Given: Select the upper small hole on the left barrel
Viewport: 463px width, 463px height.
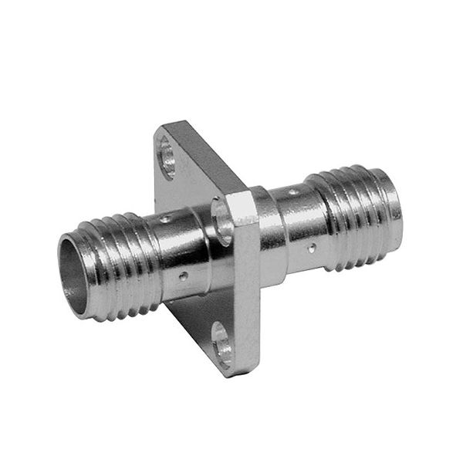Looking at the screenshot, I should tap(164, 221).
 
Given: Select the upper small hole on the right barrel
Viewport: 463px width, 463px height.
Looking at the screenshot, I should tap(293, 191).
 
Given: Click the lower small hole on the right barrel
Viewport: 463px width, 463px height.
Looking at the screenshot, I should tap(311, 248).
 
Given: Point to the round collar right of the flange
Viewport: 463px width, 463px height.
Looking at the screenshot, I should tap(270, 231).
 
